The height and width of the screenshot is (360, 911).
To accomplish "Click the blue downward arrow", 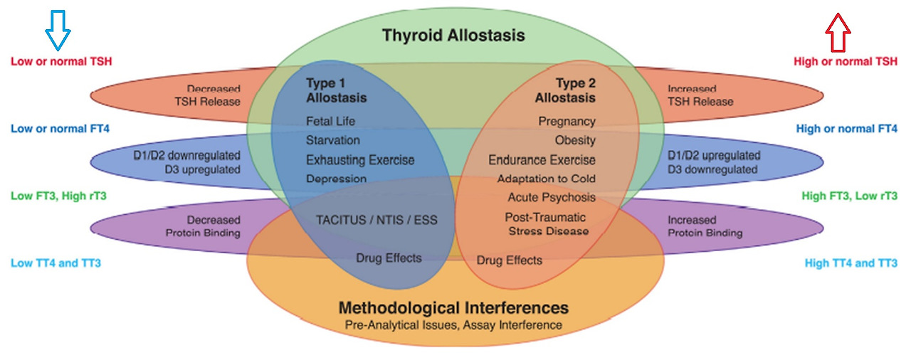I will pyautogui.click(x=58, y=29).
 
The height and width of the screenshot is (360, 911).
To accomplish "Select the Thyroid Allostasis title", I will pyautogui.click(x=453, y=35).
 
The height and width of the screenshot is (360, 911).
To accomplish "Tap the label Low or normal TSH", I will pyautogui.click(x=61, y=61).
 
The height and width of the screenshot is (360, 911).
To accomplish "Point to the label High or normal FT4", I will pyautogui.click(x=846, y=129).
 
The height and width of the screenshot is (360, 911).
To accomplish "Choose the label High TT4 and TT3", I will pyautogui.click(x=851, y=263).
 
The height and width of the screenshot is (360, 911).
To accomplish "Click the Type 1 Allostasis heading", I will pyautogui.click(x=337, y=90).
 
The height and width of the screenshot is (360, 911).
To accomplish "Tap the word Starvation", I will pyautogui.click(x=333, y=140).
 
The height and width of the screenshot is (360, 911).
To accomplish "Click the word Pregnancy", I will pyautogui.click(x=567, y=122).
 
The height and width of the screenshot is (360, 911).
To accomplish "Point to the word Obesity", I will pyautogui.click(x=575, y=140).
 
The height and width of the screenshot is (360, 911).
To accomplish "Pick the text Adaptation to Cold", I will pyautogui.click(x=546, y=179).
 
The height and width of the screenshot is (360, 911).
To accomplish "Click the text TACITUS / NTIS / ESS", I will pyautogui.click(x=376, y=220).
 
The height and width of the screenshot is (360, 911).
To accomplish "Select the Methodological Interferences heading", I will pyautogui.click(x=453, y=308).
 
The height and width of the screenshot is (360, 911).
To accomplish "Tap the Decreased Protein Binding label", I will pyautogui.click(x=213, y=226).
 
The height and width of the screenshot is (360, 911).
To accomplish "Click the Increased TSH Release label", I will pyautogui.click(x=700, y=95).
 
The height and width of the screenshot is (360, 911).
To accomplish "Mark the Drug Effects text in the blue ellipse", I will pyautogui.click(x=389, y=258).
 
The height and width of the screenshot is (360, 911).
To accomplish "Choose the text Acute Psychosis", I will pyautogui.click(x=552, y=197).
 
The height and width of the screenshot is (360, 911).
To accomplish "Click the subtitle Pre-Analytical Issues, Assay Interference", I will pyautogui.click(x=453, y=325).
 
